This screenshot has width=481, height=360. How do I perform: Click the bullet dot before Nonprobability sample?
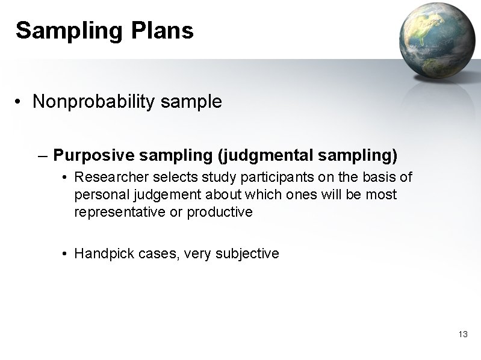click(x=20, y=102)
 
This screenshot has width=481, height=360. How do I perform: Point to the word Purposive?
click(x=93, y=156)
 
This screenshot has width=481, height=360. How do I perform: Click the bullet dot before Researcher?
click(x=64, y=178)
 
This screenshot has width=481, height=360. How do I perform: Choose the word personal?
click(x=98, y=195)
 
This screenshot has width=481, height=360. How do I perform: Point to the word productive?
click(x=220, y=212)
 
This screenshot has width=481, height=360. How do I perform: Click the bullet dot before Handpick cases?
click(x=64, y=253)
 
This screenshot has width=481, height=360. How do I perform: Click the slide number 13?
click(x=463, y=334)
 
